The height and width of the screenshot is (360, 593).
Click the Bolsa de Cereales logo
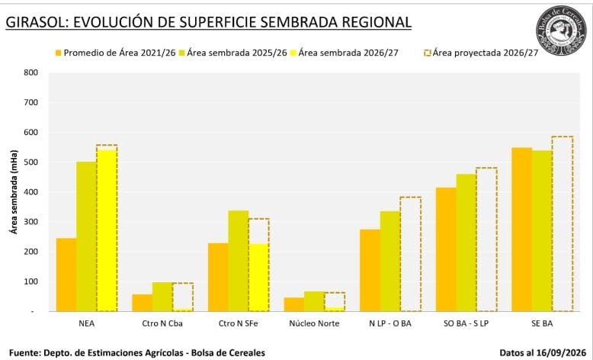pos(561,31)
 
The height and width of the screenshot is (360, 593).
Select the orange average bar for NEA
pos(66,275)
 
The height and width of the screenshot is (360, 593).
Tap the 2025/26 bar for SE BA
pos(542,231)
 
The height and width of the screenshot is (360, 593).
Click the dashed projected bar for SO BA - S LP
pos(486,239)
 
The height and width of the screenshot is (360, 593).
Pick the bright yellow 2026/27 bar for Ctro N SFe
pos(258,278)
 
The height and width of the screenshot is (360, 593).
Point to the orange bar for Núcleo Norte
pos(294,304)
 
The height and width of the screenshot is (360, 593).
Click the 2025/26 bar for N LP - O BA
pos(390,261)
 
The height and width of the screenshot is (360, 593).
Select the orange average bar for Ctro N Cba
pos(143,303)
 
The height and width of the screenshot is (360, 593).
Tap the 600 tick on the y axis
pos(31,132)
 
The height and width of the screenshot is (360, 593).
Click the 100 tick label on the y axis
pos(31,281)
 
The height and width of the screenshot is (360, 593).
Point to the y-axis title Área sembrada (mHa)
pos(14,192)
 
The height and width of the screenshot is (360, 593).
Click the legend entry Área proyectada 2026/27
pos(481,53)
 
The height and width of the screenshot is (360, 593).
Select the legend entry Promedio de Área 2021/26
pos(115,53)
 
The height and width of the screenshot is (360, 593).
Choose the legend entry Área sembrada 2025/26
pos(232,53)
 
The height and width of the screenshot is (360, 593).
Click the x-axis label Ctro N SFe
pos(239,323)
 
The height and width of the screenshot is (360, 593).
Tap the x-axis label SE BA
pos(542,323)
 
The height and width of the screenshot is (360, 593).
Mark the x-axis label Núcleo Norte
pos(314,323)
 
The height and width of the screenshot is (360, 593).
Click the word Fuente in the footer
pos(24,353)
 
